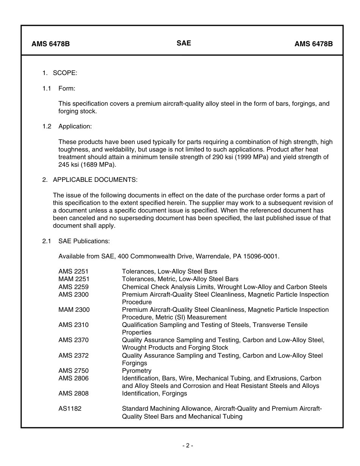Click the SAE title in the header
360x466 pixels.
(184, 43)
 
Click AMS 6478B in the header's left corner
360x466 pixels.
(50, 44)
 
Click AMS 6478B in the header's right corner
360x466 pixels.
(313, 44)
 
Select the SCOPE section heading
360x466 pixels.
(65, 73)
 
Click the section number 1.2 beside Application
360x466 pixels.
(47, 126)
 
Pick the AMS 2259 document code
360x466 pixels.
(74, 287)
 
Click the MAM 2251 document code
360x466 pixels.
(74, 279)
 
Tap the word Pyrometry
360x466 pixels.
(136, 371)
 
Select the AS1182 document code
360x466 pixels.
(70, 409)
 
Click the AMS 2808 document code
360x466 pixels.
(74, 393)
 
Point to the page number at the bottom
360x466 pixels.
(187, 446)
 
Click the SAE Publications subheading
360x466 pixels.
(84, 241)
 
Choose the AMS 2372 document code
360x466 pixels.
(74, 355)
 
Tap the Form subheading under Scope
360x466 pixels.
(67, 88)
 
